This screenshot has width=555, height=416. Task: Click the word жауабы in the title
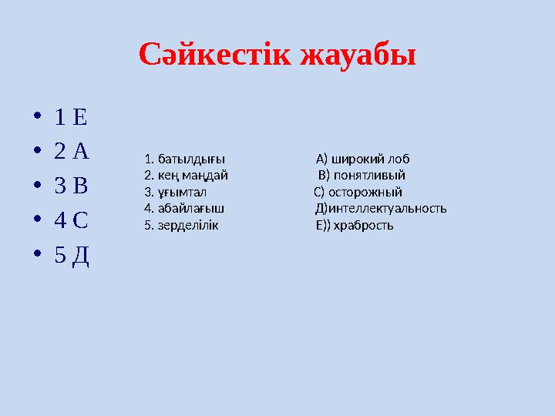coord(358,55)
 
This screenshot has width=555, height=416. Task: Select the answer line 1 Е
coord(71,118)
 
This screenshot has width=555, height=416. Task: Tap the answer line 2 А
coord(72,152)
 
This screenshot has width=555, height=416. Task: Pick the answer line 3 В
coord(72,186)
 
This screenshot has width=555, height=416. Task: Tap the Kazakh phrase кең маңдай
coord(192,176)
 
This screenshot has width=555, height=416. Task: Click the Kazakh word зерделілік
coord(188,225)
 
